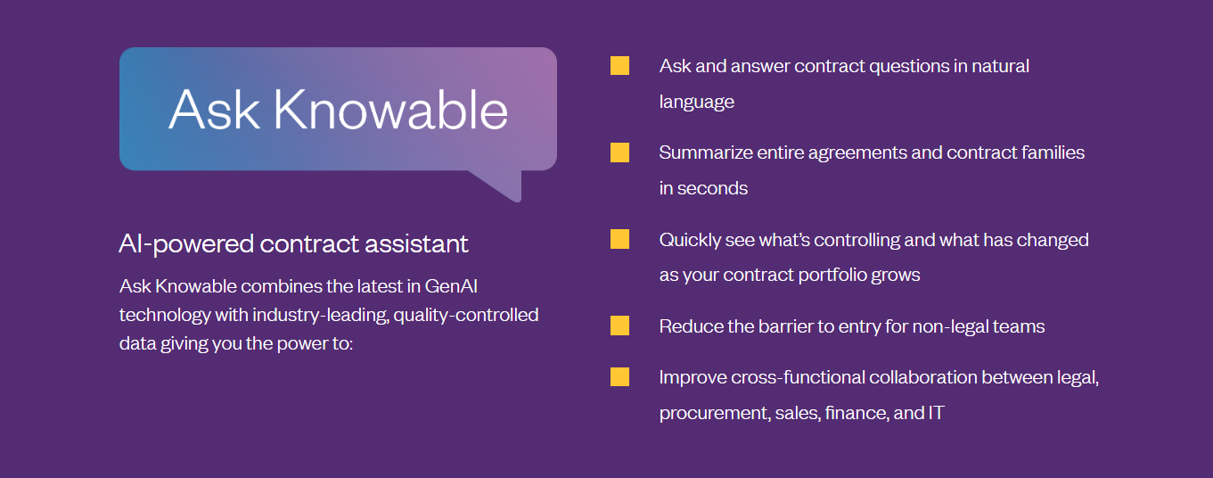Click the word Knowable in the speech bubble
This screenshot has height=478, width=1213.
390,110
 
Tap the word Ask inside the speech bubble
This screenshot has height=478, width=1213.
213,110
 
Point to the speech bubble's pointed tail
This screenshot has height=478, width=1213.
504,185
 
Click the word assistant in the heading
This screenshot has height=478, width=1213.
420,243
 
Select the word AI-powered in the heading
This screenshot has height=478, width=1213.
186,243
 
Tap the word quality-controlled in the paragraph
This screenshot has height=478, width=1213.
466,315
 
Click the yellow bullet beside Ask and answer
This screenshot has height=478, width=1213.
619,66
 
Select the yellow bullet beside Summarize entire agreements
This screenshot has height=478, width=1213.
619,152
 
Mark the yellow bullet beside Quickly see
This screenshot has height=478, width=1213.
619,239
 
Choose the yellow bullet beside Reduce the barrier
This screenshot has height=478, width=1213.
619,326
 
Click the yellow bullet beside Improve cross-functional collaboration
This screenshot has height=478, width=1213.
619,377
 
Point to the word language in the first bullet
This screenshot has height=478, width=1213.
697,102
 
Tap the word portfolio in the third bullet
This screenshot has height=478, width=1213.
831,275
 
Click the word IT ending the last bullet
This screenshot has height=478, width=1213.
936,414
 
